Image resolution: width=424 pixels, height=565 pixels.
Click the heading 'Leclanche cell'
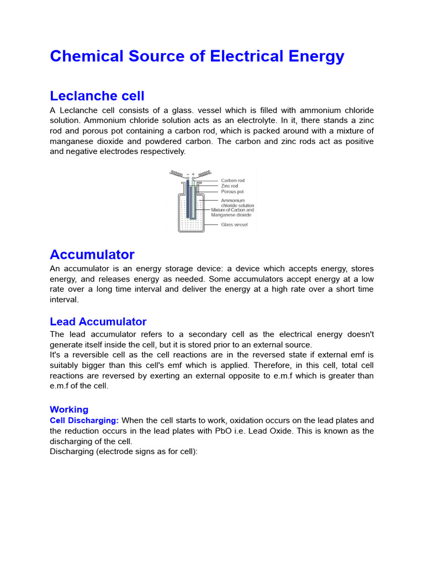click(x=97, y=96)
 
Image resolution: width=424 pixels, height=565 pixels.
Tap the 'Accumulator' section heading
click(x=92, y=254)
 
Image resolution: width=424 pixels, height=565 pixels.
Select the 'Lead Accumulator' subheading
click(x=98, y=322)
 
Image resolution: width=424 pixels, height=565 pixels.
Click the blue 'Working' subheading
click(x=69, y=409)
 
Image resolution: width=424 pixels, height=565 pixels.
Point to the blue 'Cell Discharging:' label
click(x=84, y=420)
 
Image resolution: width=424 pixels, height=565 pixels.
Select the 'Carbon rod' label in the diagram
click(x=232, y=180)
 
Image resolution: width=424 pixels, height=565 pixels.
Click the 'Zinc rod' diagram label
click(x=230, y=186)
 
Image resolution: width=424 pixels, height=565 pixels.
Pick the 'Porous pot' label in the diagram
click(x=232, y=192)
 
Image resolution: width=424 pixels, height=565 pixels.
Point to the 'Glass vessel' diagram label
click(x=234, y=225)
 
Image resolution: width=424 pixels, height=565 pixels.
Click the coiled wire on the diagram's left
click(x=176, y=173)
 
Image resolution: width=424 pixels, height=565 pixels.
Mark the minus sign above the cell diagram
click(x=188, y=174)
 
